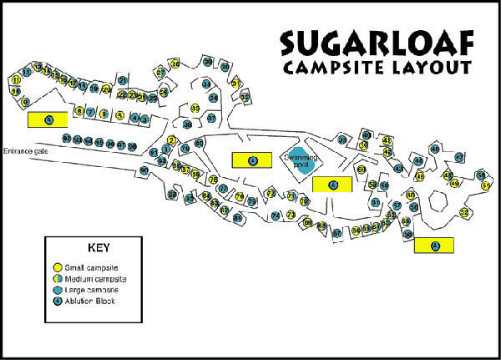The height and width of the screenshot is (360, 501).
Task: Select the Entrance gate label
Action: pyautogui.click(x=28, y=151)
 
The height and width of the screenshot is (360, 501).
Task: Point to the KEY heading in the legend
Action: pyautogui.click(x=98, y=248)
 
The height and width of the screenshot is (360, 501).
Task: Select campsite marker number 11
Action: pyautogui.click(x=16, y=80)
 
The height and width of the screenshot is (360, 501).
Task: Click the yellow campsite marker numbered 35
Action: pyautogui.click(x=195, y=108)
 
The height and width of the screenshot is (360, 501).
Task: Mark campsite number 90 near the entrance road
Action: pyautogui.click(x=144, y=170)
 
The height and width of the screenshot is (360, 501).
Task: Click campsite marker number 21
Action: pyautogui.click(x=122, y=80)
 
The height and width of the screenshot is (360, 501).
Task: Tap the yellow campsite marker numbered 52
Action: pyautogui.click(x=464, y=213)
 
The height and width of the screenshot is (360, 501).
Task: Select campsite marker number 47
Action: pyautogui.click(x=458, y=157)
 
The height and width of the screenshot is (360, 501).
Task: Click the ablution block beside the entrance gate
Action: pyautogui.click(x=49, y=119)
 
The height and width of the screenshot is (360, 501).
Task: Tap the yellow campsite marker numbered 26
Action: pyautogui.click(x=175, y=63)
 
